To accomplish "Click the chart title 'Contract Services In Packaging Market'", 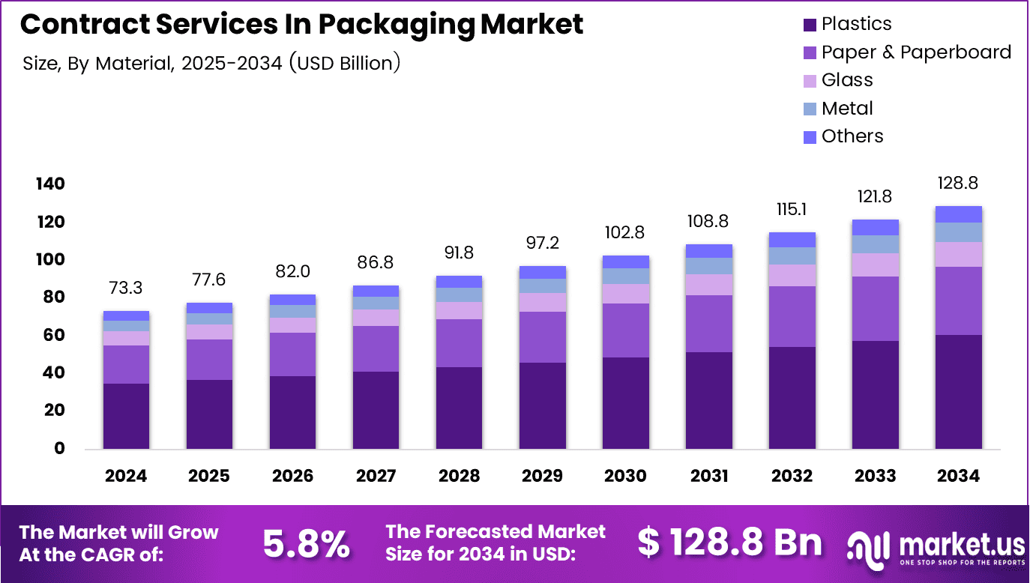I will click(301, 25).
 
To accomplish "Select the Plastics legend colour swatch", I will click(809, 25).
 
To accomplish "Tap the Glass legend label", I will click(847, 80).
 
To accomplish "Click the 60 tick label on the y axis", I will click(53, 336).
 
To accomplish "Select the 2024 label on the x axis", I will click(126, 476).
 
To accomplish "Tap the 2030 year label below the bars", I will click(626, 476).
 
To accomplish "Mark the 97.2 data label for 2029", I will click(543, 244).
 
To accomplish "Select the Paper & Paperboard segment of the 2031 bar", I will click(709, 324).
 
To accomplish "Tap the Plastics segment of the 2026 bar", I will click(292, 412).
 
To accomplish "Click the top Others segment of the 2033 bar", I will click(876, 227).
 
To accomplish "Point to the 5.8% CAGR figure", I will click(306, 543).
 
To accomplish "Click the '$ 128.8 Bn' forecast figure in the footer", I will click(729, 543).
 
